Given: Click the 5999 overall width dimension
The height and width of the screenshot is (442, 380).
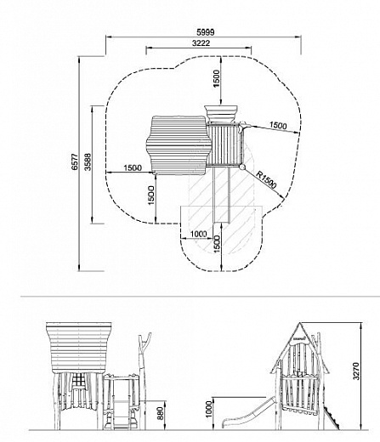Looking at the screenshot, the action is click(x=206, y=32).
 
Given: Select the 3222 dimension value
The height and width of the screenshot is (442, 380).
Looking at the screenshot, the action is click(x=201, y=43).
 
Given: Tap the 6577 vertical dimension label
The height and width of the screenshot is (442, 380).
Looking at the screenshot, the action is click(x=75, y=161).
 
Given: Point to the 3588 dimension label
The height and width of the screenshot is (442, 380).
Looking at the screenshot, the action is click(x=88, y=161).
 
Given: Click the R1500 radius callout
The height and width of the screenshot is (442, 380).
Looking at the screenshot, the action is click(x=266, y=179).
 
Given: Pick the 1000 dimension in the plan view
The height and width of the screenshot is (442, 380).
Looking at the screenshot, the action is click(x=198, y=234).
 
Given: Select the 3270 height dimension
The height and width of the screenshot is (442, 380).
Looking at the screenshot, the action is click(x=356, y=371).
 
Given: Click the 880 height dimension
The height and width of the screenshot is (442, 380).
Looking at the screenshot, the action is click(x=160, y=413).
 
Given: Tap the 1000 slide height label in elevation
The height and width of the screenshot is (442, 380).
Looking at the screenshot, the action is click(x=209, y=409).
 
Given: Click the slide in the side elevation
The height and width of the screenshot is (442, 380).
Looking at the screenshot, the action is click(x=248, y=413).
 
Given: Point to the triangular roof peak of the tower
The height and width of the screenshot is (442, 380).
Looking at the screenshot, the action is click(x=299, y=323).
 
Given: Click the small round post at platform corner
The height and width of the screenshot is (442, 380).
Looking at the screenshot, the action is click(x=241, y=167).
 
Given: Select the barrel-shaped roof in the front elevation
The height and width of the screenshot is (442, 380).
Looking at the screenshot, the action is click(x=79, y=348).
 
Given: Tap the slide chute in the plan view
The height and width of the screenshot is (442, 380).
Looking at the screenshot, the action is click(x=221, y=195).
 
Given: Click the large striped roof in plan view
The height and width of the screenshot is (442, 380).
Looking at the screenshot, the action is click(x=179, y=144).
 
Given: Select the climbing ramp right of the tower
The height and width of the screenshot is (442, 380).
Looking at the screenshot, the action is click(x=331, y=416).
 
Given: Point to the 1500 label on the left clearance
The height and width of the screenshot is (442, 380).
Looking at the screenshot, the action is click(x=133, y=167).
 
